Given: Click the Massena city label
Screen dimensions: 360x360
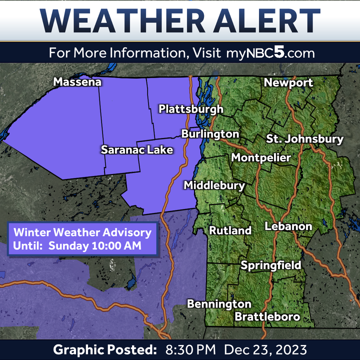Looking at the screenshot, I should point(77,82).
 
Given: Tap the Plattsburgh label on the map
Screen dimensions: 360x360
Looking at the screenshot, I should point(190,109).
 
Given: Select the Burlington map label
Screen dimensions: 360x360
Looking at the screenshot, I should point(210,134).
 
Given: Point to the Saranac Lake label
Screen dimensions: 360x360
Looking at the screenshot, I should point(137,149).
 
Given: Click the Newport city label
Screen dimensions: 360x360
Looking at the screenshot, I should point(288,82).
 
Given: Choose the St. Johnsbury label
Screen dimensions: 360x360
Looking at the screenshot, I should point(304,139).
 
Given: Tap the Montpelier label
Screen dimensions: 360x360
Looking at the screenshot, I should point(260,157).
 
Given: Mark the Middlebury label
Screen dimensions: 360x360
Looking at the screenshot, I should point(214,185).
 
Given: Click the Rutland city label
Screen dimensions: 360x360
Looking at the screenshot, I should point(230,230).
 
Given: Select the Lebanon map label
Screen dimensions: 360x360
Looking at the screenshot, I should point(288,226).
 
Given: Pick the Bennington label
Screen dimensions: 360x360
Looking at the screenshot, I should point(219,303).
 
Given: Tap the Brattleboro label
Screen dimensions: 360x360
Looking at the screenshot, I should point(267,316).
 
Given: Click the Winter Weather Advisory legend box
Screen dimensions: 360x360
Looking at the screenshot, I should point(82,239).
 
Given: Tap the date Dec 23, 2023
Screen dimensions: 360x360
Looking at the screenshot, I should point(266,349).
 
